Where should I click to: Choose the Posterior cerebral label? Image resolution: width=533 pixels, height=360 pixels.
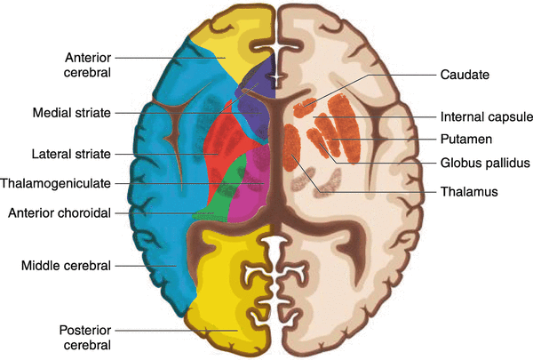click(x=85, y=336)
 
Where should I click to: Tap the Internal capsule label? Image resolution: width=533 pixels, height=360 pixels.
click(x=483, y=116)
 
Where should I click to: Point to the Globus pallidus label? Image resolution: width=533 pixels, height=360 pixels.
click(x=485, y=163)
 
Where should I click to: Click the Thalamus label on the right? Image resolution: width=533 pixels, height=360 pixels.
click(x=465, y=191)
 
